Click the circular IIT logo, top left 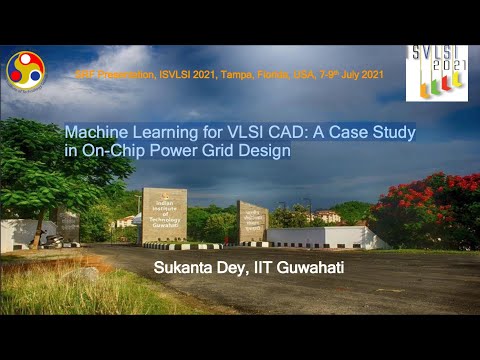pos(25,70)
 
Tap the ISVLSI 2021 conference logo pos(436,73)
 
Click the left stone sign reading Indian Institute pos(164,214)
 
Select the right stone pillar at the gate pos(253,221)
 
